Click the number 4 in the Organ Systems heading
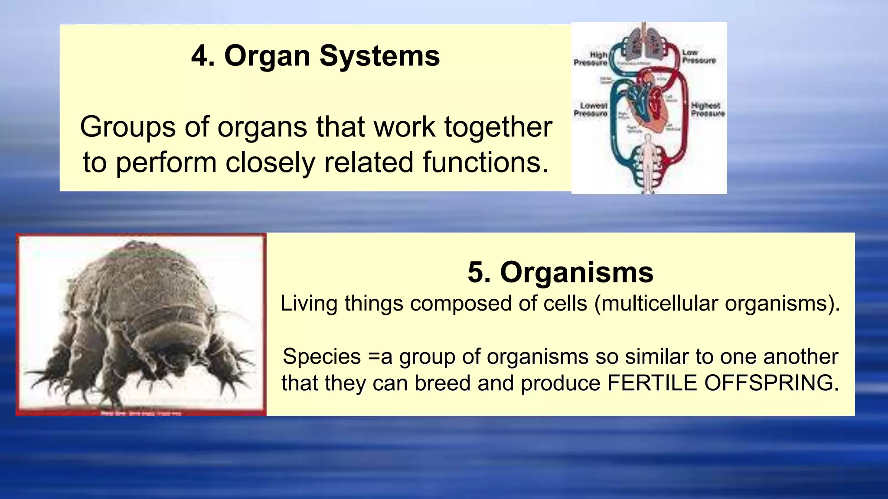[x=203, y=56]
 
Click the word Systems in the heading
[x=379, y=56]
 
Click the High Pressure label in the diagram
[x=591, y=59]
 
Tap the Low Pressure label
[x=698, y=57]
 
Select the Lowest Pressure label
[x=591, y=110]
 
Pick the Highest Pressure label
[x=708, y=110]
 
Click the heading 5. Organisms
[x=560, y=272]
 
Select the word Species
[x=321, y=357]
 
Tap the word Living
[x=309, y=303]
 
